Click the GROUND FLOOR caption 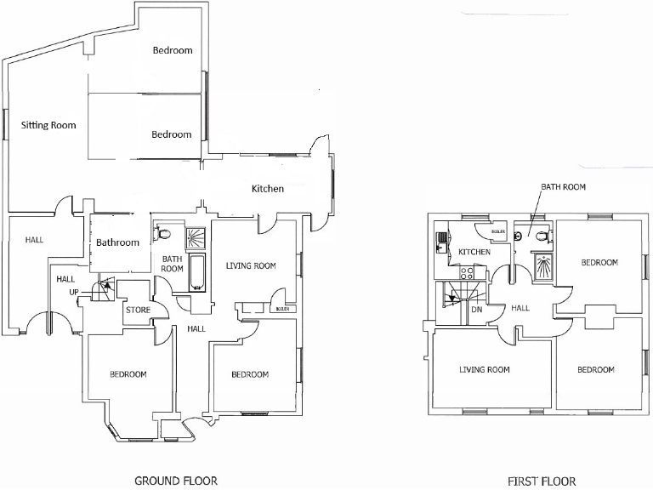point(176,481)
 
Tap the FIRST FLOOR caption point(542,481)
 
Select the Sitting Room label point(48,125)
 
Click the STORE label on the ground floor point(138,310)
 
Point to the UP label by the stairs point(75,293)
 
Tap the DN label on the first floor point(476,310)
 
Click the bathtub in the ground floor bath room point(197,271)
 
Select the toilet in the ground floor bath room point(163,233)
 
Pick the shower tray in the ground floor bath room point(196,236)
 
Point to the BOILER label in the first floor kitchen point(498,231)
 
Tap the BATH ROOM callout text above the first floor point(563,187)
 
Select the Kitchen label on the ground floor point(267,189)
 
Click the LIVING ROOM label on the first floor point(484,369)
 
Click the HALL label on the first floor point(520,307)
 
